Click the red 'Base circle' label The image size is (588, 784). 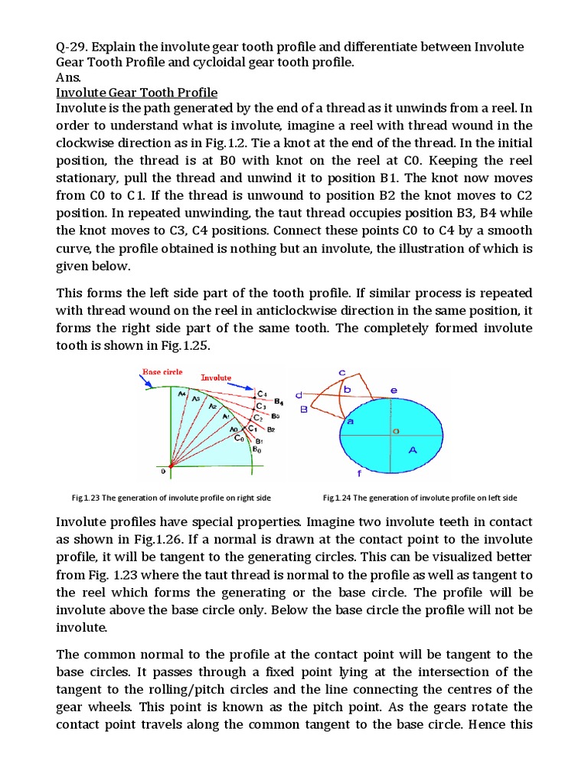(x=162, y=371)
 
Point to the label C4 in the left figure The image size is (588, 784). (x=262, y=394)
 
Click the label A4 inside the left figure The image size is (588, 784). (x=181, y=394)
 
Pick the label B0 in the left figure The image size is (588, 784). (x=257, y=449)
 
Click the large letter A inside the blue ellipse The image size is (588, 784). (x=413, y=450)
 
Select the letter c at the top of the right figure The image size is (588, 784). (x=341, y=373)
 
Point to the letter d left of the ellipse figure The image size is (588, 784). (x=309, y=394)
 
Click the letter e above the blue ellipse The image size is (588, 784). (x=394, y=390)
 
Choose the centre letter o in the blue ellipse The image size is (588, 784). (x=396, y=432)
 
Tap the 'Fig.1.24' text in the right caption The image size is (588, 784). (x=337, y=498)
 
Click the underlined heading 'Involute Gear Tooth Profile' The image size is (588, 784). (x=137, y=93)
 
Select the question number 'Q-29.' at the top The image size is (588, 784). (x=73, y=47)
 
